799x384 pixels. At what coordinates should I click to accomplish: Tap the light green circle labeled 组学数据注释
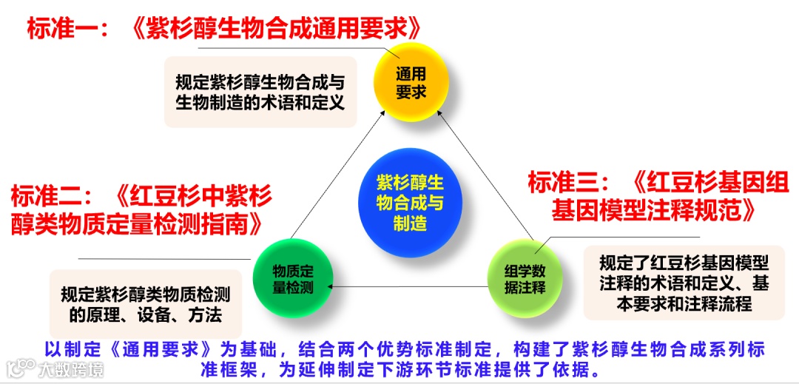525,278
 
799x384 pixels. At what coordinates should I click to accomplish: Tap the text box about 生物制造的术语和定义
260,92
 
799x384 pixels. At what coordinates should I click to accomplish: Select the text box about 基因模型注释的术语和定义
683,283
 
